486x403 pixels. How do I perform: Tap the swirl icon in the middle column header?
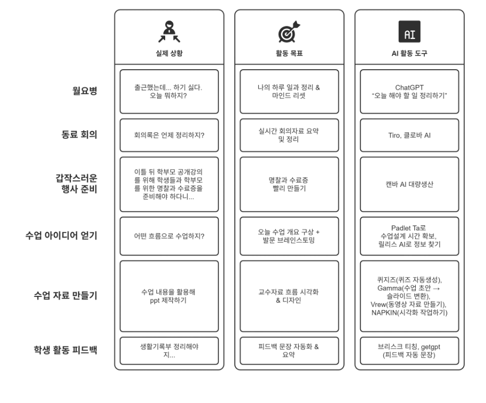click(288, 31)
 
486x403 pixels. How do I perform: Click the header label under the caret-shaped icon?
click(168, 53)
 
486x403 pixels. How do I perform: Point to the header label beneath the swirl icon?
click(288, 53)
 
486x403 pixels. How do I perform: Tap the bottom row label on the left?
click(64, 349)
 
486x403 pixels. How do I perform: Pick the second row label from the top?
click(78, 135)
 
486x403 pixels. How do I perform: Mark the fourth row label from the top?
click(60, 236)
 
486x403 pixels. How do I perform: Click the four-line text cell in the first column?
click(168, 185)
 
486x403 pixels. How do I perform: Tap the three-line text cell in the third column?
click(410, 236)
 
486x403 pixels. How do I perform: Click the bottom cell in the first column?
click(168, 350)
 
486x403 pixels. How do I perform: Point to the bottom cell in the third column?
click(410, 350)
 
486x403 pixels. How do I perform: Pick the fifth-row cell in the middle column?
click(288, 295)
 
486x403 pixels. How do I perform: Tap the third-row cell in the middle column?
click(288, 184)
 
